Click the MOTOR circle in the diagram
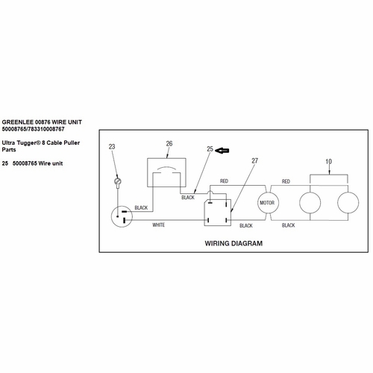(268, 203)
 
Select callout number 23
(112, 147)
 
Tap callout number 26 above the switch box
(169, 143)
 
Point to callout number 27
(254, 161)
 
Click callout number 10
(329, 162)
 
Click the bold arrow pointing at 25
(222, 151)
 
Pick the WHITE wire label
(159, 225)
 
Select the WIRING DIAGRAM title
(233, 243)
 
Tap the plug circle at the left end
(122, 216)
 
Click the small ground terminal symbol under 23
(118, 181)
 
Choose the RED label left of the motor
(224, 181)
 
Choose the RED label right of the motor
(286, 181)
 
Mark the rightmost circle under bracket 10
(348, 203)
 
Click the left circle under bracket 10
(310, 203)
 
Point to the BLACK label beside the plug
(141, 207)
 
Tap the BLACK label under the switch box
(188, 198)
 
